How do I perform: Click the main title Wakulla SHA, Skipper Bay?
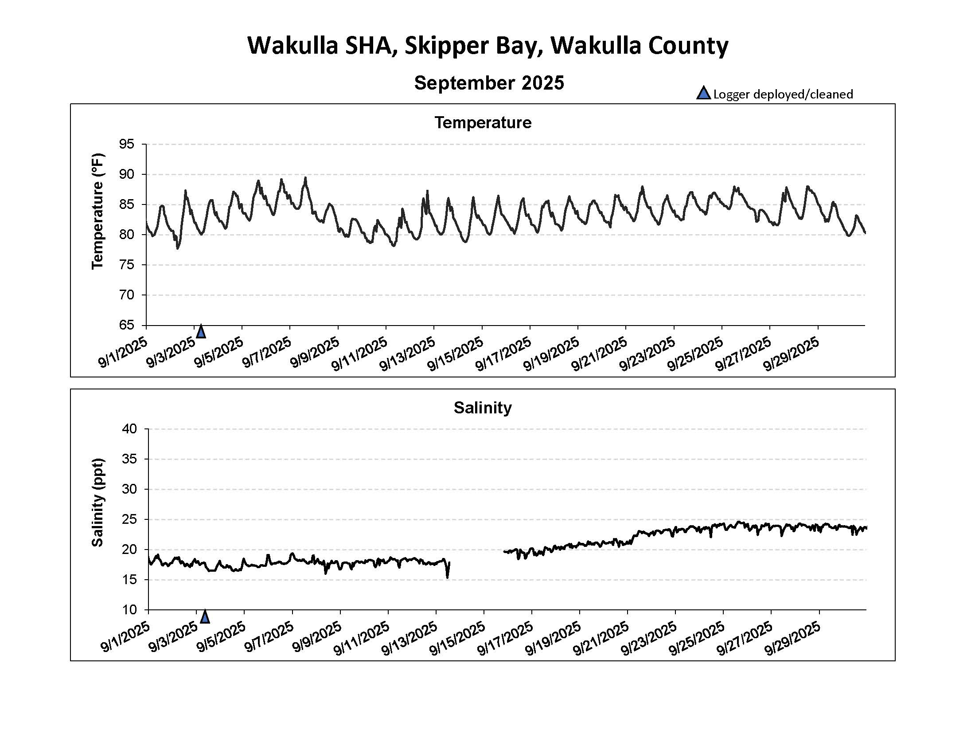pos(487,46)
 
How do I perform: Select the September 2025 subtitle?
pos(489,83)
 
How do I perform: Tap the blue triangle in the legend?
pos(703,93)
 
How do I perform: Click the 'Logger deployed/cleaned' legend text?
pos(783,94)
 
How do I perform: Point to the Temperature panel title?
pos(483,122)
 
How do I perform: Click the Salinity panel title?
pos(483,407)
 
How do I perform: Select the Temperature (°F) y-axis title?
pos(97,211)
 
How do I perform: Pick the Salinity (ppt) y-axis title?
pos(97,502)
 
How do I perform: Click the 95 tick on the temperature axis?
pos(126,144)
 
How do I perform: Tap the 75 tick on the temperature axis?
pos(126,265)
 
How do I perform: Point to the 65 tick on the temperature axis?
pos(126,325)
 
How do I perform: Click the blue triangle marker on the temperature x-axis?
pos(201,332)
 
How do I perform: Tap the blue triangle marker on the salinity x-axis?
pos(205,617)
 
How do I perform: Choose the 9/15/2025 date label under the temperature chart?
pos(456,354)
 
